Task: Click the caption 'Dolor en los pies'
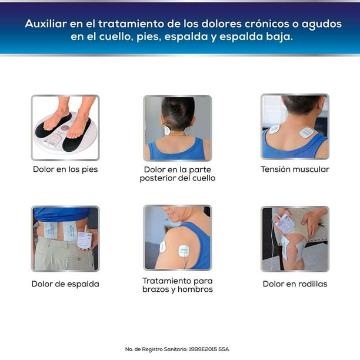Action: click(65, 169)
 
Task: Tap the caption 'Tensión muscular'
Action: click(295, 169)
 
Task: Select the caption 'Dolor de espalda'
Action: click(65, 284)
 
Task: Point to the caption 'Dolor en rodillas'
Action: click(295, 284)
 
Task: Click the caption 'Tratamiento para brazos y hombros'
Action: click(178, 285)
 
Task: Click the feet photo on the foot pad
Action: click(65, 127)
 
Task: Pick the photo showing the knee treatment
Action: click(295, 238)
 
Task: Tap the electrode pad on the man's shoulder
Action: click(184, 250)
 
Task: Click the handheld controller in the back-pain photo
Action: click(84, 239)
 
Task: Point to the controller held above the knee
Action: click(285, 224)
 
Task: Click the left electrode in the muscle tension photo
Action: click(275, 129)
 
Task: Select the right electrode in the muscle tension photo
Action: click(306, 132)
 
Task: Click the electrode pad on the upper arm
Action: click(163, 246)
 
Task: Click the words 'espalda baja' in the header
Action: click(262, 36)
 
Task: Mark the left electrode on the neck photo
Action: click(167, 130)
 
